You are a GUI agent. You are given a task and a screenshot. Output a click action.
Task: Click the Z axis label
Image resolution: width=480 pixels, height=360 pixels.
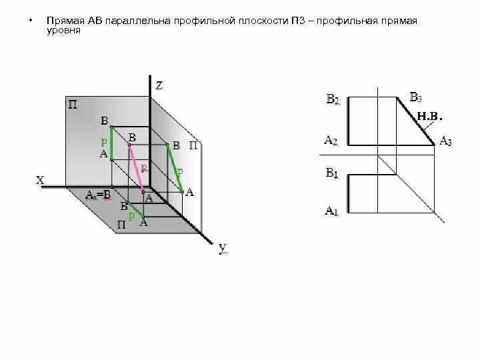[159, 85]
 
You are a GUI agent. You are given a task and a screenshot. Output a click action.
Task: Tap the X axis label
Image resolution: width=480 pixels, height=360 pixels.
[40, 180]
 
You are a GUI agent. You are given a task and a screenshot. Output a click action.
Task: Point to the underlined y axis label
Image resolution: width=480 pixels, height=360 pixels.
[223, 249]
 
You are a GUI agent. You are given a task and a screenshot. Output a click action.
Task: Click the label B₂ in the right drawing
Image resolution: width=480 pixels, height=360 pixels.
[333, 100]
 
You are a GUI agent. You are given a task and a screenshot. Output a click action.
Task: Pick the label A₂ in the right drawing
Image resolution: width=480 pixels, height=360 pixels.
[331, 141]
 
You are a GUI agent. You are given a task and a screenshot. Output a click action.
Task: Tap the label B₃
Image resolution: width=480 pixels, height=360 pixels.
[415, 97]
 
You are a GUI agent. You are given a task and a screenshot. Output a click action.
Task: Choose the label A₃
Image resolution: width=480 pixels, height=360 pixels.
[445, 141]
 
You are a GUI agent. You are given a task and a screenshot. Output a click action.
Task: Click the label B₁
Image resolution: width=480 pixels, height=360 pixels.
[332, 173]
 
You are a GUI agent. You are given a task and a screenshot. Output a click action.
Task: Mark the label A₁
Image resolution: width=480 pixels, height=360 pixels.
[331, 211]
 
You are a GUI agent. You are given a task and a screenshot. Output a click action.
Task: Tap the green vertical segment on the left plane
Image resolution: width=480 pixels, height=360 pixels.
[111, 142]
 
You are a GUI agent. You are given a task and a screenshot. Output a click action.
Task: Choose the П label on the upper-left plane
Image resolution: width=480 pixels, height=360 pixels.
[72, 104]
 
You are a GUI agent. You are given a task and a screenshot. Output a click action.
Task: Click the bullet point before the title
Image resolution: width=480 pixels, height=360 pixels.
[30, 21]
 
